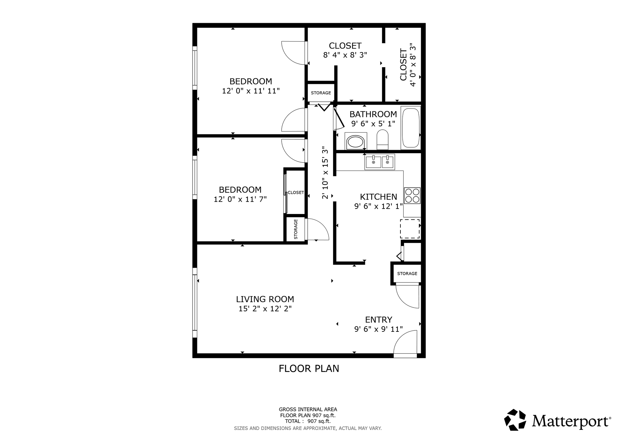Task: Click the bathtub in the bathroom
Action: pos(411,128)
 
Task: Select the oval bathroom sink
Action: pos(356,141)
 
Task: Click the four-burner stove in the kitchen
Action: pos(412,196)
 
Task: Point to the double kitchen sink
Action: pos(380,162)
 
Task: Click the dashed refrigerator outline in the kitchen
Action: pos(410,229)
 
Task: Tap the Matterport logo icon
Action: pos(515,420)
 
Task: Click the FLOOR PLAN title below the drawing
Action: pos(309,368)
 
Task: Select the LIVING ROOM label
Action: pos(265,299)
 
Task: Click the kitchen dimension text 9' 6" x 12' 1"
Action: pos(379,206)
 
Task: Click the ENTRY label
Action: pos(379,320)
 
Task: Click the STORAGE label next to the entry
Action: pos(407,274)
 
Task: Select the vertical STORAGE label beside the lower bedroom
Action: pos(295,229)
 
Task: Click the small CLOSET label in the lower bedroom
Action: pos(296,192)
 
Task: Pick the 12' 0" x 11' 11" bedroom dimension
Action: pos(251,91)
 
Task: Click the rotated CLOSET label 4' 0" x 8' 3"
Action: pos(408,65)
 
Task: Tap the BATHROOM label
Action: pos(373,114)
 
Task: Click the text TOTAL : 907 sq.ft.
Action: pos(308,421)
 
